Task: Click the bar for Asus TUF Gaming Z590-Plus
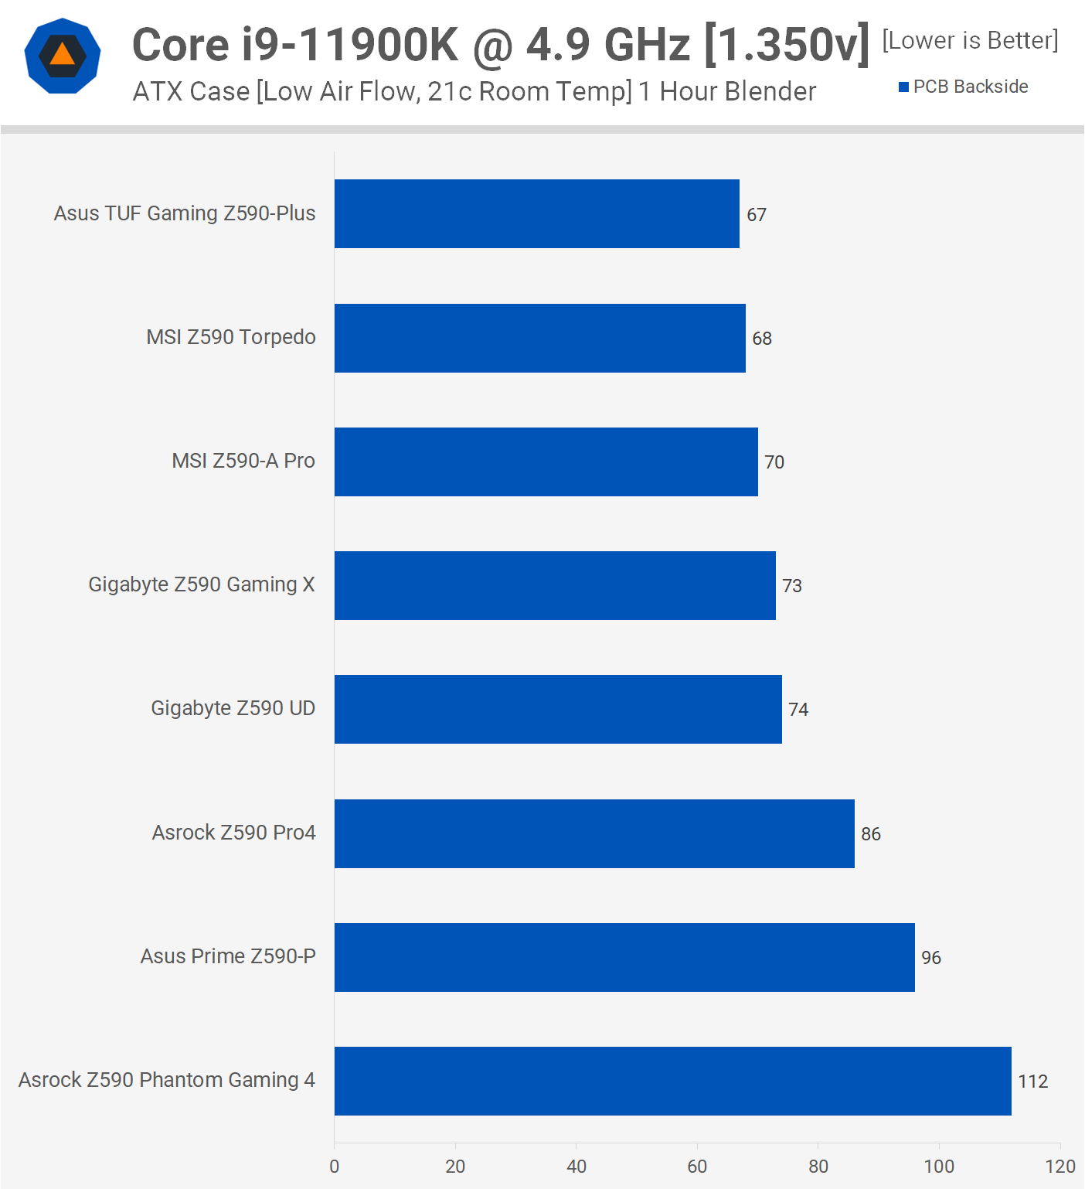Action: (536, 214)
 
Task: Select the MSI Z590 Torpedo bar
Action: (539, 338)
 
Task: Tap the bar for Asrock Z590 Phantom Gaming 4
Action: (672, 1081)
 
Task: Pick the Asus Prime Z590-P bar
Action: (624, 957)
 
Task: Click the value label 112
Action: (1032, 1082)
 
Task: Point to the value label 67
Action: (757, 215)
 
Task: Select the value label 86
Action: (871, 834)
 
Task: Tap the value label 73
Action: (792, 586)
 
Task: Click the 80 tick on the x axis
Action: (818, 1167)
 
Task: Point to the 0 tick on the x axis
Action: (335, 1167)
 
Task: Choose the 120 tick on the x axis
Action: (1060, 1167)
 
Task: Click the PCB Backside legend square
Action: (903, 87)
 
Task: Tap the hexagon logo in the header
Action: (63, 56)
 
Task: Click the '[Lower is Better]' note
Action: (970, 40)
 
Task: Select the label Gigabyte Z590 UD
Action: (233, 708)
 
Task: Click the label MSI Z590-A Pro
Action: (243, 461)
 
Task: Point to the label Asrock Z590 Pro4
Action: (233, 833)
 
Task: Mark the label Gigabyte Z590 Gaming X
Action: (202, 584)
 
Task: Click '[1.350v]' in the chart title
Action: (787, 45)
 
